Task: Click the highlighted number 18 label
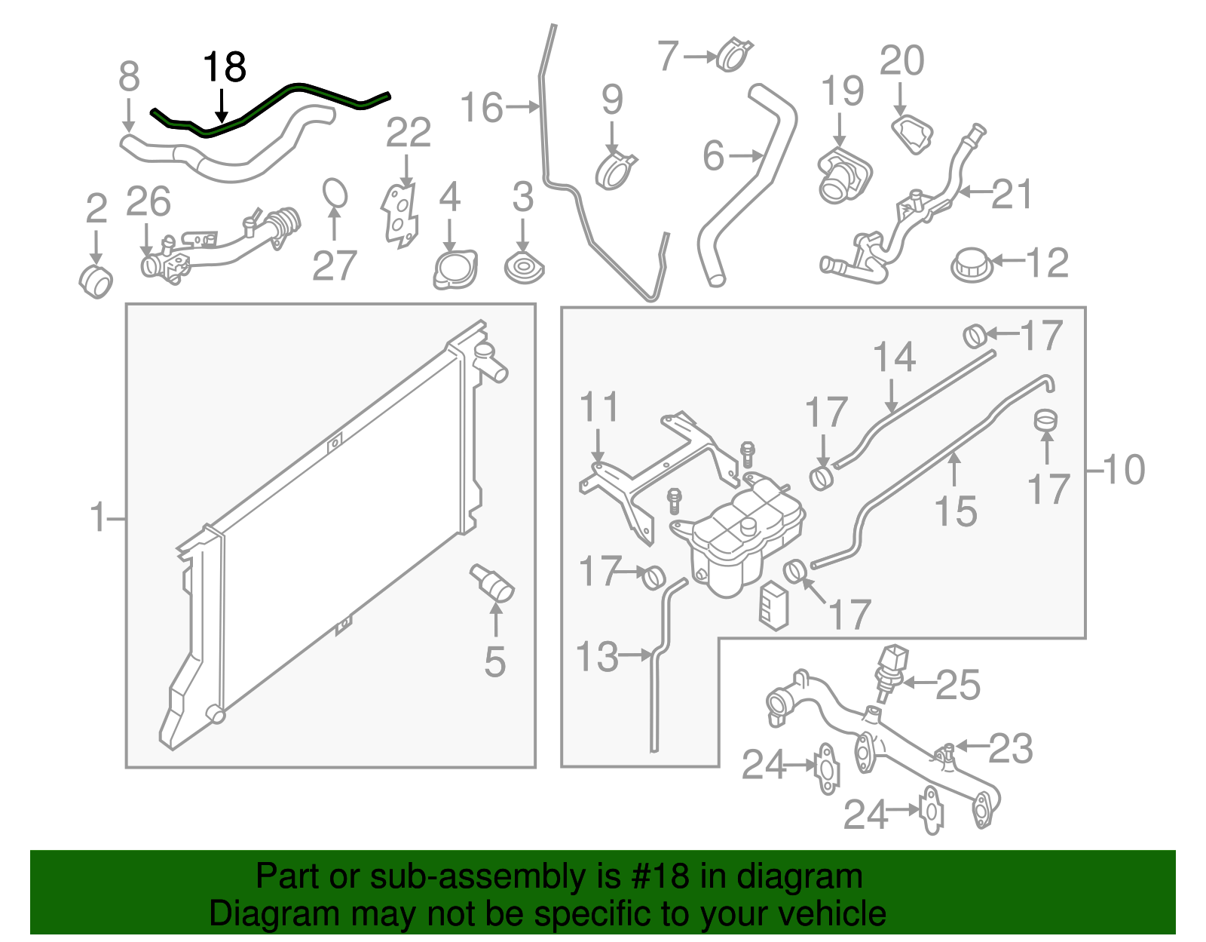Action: coord(225,67)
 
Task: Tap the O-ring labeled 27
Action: coord(335,192)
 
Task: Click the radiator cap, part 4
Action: coord(455,270)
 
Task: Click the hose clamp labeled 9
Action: coord(616,170)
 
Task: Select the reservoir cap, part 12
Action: coord(971,264)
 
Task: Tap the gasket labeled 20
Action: coord(913,134)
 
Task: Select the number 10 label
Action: coord(1124,471)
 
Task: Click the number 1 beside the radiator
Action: coord(98,518)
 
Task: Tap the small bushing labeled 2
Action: coord(96,281)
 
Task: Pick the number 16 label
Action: coord(481,108)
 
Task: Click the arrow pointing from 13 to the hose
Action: coord(635,655)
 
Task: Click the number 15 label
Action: coord(956,512)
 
